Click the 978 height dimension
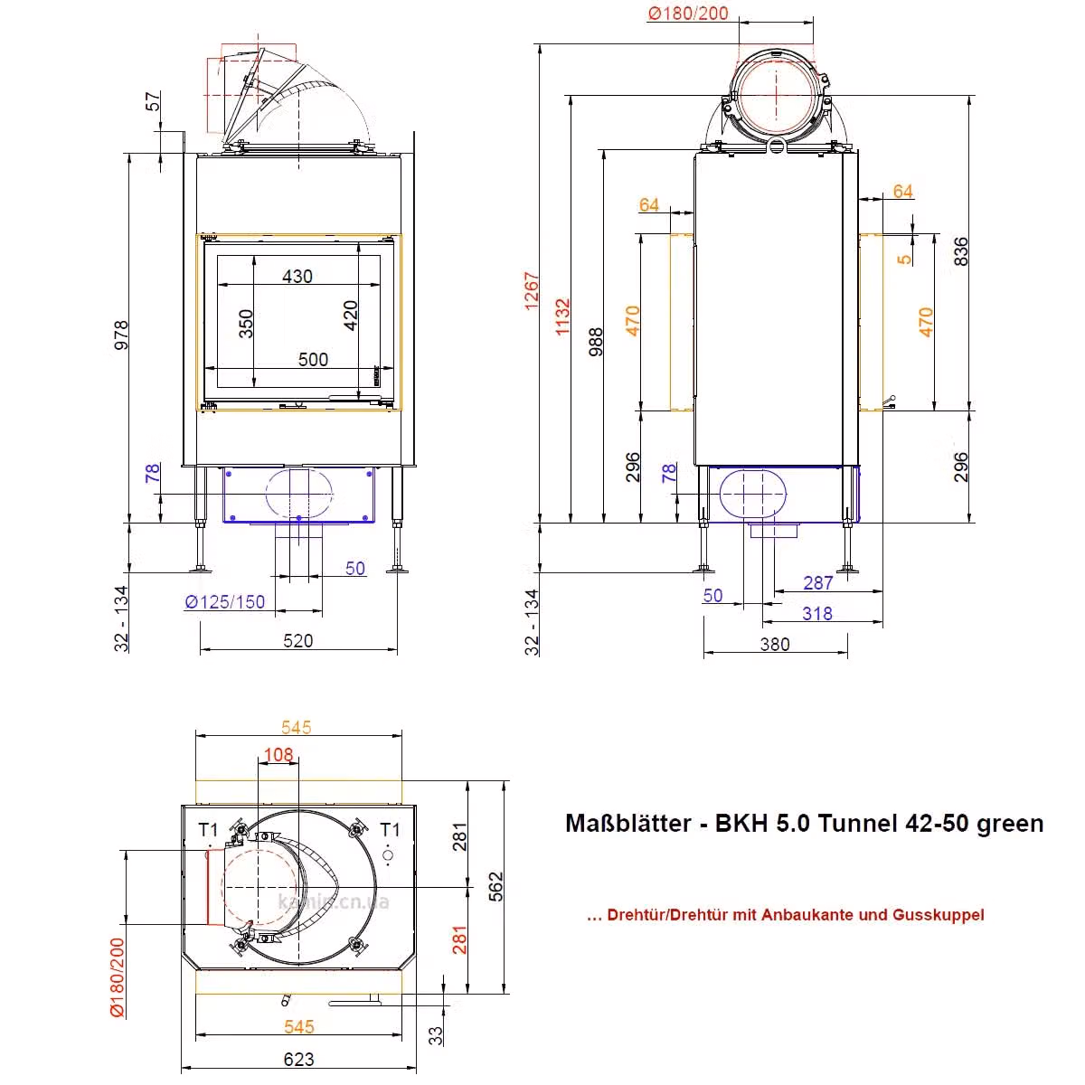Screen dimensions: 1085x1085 click(122, 335)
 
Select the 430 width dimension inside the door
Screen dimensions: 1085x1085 click(297, 276)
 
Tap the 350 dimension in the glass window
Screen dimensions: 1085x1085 click(246, 324)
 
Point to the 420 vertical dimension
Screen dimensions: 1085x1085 click(350, 316)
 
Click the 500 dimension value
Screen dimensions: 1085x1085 click(313, 359)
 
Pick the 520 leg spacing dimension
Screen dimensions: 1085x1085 click(297, 641)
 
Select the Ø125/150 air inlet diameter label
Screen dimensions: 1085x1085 click(224, 602)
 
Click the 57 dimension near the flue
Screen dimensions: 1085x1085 click(153, 101)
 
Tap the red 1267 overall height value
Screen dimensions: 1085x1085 click(532, 291)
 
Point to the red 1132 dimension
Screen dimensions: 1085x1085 click(562, 317)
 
